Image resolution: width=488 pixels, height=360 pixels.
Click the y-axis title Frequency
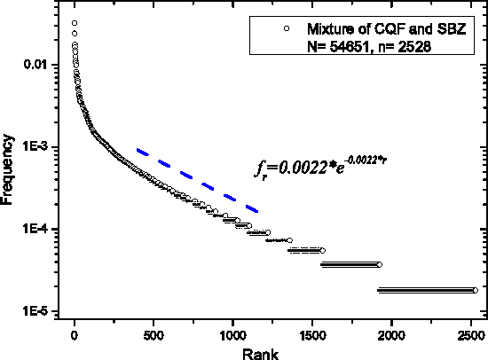coord(10,168)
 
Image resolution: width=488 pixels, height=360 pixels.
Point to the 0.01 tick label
coord(44,65)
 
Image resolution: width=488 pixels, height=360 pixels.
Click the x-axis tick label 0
coord(75,335)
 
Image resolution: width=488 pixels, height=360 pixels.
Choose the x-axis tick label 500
coord(153,335)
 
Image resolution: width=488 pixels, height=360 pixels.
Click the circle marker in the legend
coord(286,30)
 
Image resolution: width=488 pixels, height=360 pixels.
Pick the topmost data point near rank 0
coord(75,23)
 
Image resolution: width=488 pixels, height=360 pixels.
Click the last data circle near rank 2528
coord(476,290)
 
